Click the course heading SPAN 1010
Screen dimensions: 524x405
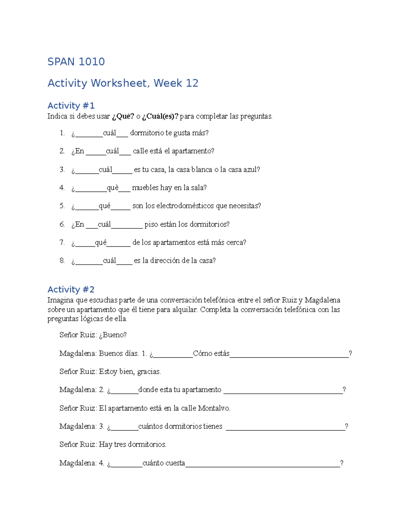(76, 62)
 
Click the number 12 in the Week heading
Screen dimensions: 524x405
(192, 83)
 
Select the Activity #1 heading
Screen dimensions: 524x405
(71, 106)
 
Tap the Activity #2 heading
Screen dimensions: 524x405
(71, 289)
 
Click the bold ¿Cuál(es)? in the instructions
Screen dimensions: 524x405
(160, 116)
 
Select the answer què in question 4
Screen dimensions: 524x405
(113, 188)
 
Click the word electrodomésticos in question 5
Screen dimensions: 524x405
(185, 206)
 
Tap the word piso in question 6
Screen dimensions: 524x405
(151, 224)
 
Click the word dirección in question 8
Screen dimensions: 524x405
(165, 260)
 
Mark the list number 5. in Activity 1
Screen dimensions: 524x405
(62, 206)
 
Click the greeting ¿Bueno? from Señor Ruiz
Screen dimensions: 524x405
(113, 335)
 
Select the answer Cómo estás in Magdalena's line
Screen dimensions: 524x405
(211, 353)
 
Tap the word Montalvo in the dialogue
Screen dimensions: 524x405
(214, 408)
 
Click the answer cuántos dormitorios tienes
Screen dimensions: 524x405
(180, 426)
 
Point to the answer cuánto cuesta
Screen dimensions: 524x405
(164, 463)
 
